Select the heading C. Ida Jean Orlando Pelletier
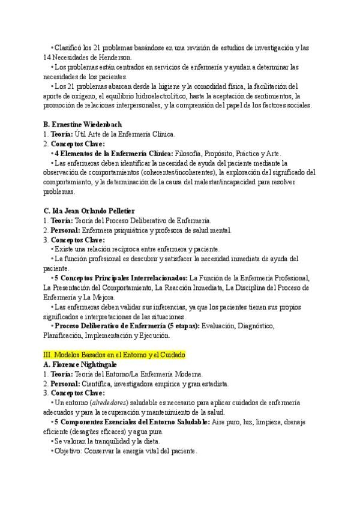[x=89, y=211]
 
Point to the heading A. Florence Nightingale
[x=80, y=364]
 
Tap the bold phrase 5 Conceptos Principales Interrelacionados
[x=121, y=278]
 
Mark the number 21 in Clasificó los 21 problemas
[x=96, y=47]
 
